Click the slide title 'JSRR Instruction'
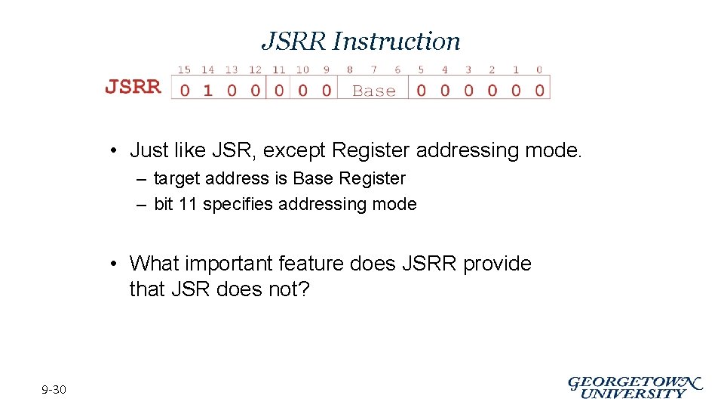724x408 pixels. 360,41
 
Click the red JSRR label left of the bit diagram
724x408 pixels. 133,87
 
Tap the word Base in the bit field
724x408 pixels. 374,91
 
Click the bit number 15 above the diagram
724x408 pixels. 184,70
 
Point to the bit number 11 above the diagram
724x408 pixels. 279,70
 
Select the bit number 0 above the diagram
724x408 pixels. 539,70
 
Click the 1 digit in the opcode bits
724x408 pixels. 207,91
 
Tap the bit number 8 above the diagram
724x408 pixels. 350,70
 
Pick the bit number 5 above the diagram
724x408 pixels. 421,70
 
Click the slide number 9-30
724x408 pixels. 54,390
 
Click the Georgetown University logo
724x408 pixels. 634,388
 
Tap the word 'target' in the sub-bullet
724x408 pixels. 179,179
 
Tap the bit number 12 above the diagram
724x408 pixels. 255,70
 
